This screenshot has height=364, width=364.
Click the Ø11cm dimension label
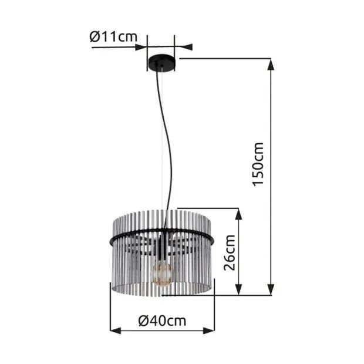(x=113, y=37)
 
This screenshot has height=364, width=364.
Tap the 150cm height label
(x=258, y=164)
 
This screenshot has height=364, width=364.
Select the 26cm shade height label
(x=230, y=252)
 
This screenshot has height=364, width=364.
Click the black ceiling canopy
(x=162, y=63)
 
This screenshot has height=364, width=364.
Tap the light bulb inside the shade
(x=162, y=272)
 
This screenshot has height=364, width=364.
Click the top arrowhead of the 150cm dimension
(x=271, y=65)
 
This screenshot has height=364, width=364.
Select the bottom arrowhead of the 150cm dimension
(x=271, y=289)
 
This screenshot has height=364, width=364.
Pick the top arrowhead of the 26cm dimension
(x=238, y=214)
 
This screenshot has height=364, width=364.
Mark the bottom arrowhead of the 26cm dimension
(x=238, y=289)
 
